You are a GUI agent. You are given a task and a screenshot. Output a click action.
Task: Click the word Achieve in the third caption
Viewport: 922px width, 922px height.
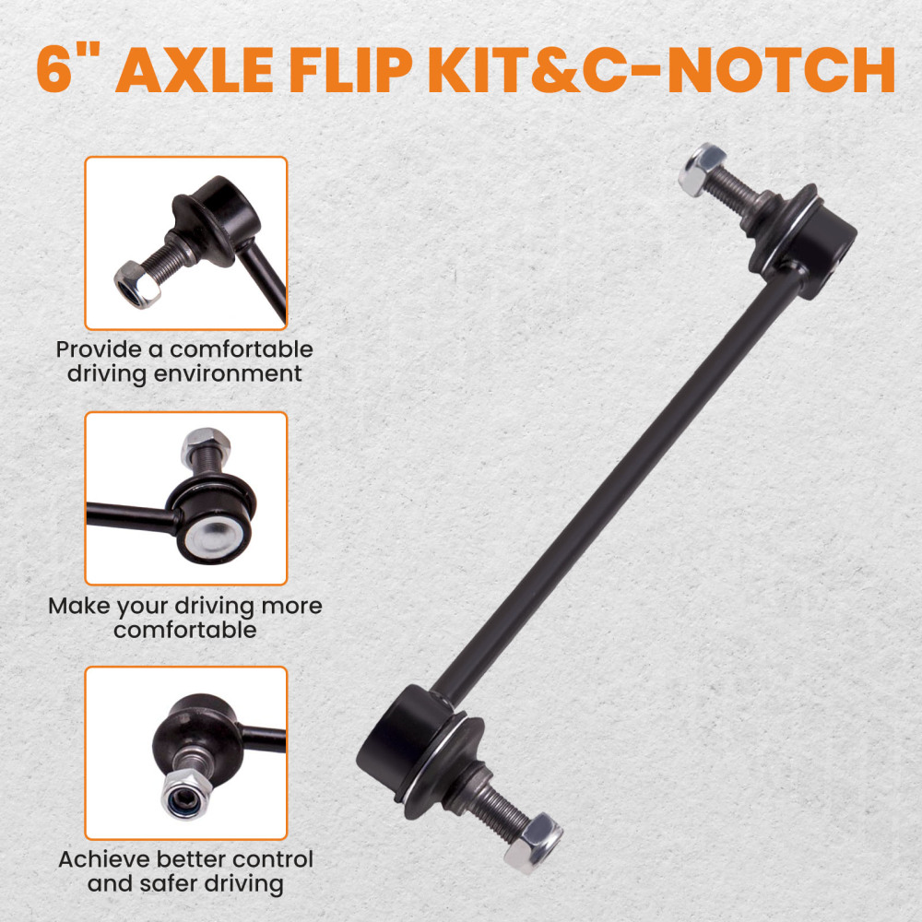pos(101,859)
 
